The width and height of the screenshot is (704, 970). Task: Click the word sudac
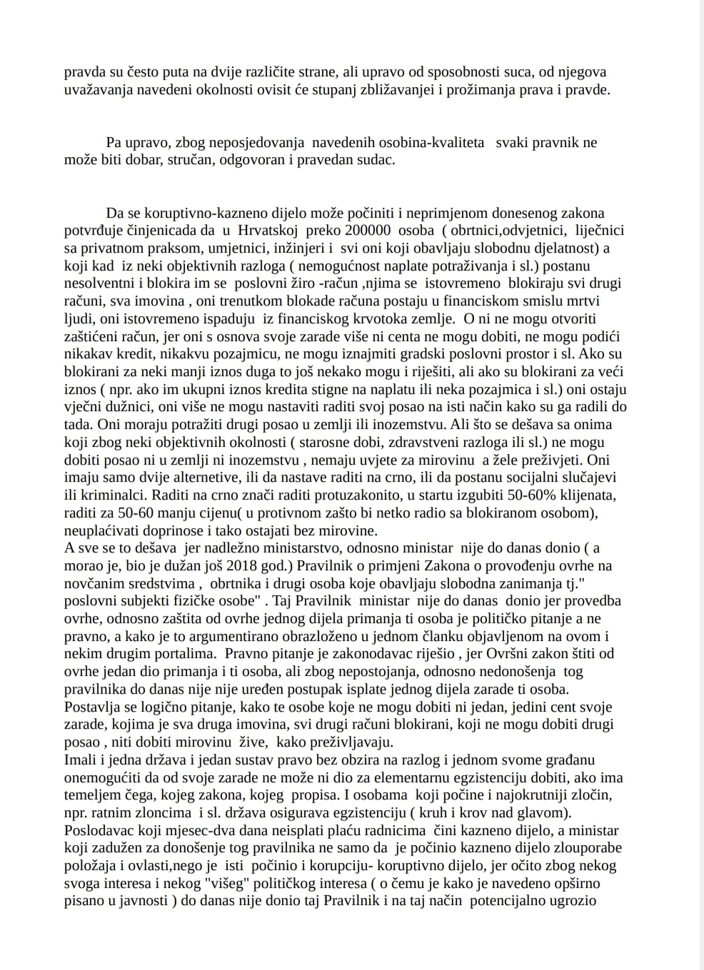[x=377, y=160]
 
